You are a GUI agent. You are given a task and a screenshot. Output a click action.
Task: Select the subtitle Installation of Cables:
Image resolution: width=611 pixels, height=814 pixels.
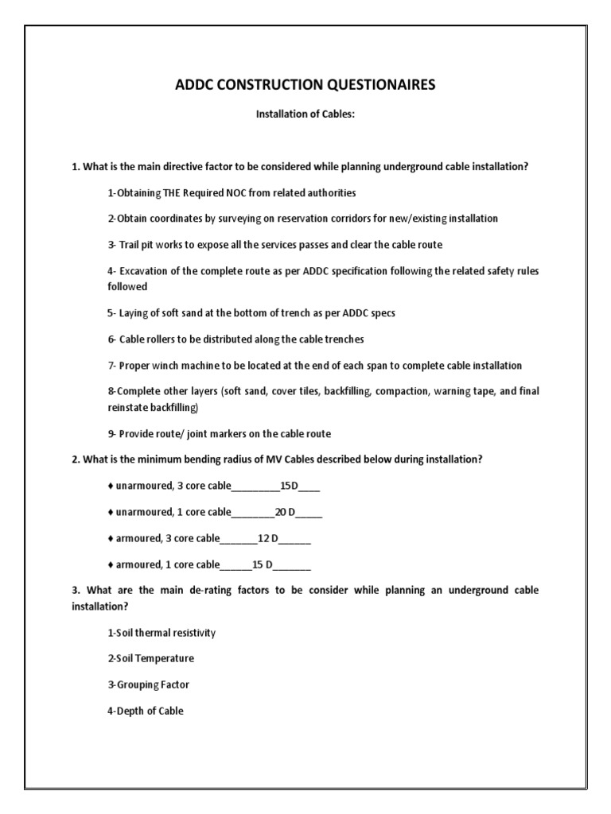305,114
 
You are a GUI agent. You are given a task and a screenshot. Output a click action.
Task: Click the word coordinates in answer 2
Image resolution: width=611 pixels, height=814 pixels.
172,219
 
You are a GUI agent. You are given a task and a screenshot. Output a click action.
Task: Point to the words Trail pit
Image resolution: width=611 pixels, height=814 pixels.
136,244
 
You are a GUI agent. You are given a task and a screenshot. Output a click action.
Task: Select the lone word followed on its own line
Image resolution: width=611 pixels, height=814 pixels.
127,286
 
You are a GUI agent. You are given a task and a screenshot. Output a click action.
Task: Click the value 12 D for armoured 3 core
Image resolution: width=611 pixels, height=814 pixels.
268,539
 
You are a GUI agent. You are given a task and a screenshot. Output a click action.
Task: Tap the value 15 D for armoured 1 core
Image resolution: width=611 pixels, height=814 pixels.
263,565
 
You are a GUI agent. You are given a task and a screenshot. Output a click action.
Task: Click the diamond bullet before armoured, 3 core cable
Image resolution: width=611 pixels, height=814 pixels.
110,539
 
